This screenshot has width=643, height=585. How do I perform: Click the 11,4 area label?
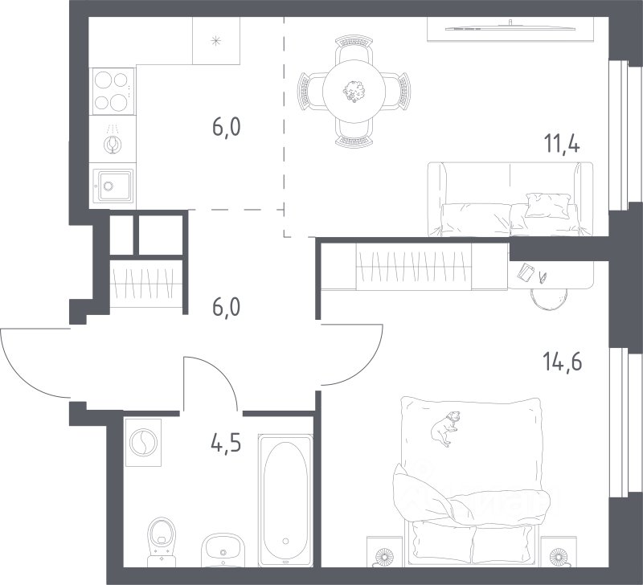[561, 144]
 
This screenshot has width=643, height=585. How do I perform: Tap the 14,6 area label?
[562, 362]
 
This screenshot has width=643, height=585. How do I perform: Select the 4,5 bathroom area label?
[226, 443]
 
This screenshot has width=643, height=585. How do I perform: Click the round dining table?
[354, 91]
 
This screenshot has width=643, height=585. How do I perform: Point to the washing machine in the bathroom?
[143, 442]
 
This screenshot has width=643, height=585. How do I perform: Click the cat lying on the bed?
[445, 428]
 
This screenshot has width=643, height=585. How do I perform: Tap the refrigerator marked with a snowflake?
[216, 41]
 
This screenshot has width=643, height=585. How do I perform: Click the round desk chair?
[550, 297]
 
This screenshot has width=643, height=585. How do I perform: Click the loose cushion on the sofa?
[548, 205]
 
